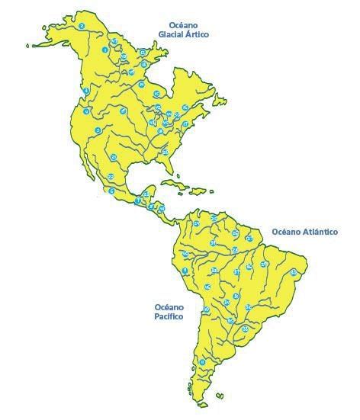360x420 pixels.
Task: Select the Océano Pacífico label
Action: tap(169, 309)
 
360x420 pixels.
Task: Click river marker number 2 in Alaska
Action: tap(81, 27)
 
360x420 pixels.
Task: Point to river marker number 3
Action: tap(86, 91)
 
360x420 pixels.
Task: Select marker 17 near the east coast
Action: tap(185, 123)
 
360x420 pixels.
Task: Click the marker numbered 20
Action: tap(166, 152)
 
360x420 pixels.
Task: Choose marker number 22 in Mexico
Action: tap(111, 177)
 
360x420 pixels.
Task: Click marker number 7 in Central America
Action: tap(138, 200)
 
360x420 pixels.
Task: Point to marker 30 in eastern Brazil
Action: tap(294, 272)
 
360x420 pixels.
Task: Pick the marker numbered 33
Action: tap(245, 329)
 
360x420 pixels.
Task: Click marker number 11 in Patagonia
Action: tap(202, 362)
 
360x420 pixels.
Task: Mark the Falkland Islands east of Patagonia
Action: tap(220, 396)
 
